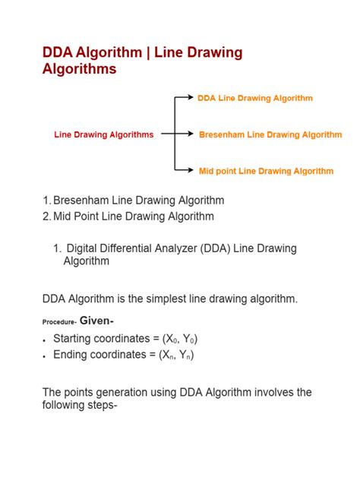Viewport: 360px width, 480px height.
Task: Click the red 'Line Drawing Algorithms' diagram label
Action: (x=103, y=134)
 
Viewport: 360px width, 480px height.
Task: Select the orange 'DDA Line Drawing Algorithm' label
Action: (x=254, y=98)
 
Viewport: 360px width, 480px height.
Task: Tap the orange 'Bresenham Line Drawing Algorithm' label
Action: (x=270, y=134)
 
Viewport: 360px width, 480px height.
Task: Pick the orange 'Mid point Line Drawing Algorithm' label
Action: (x=266, y=171)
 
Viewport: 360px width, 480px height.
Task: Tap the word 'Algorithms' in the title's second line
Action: (x=80, y=69)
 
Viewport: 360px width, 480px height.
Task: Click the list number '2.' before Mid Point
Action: (x=46, y=216)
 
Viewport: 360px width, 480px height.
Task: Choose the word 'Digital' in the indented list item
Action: (x=84, y=248)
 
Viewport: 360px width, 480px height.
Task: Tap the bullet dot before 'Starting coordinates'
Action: (x=45, y=339)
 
